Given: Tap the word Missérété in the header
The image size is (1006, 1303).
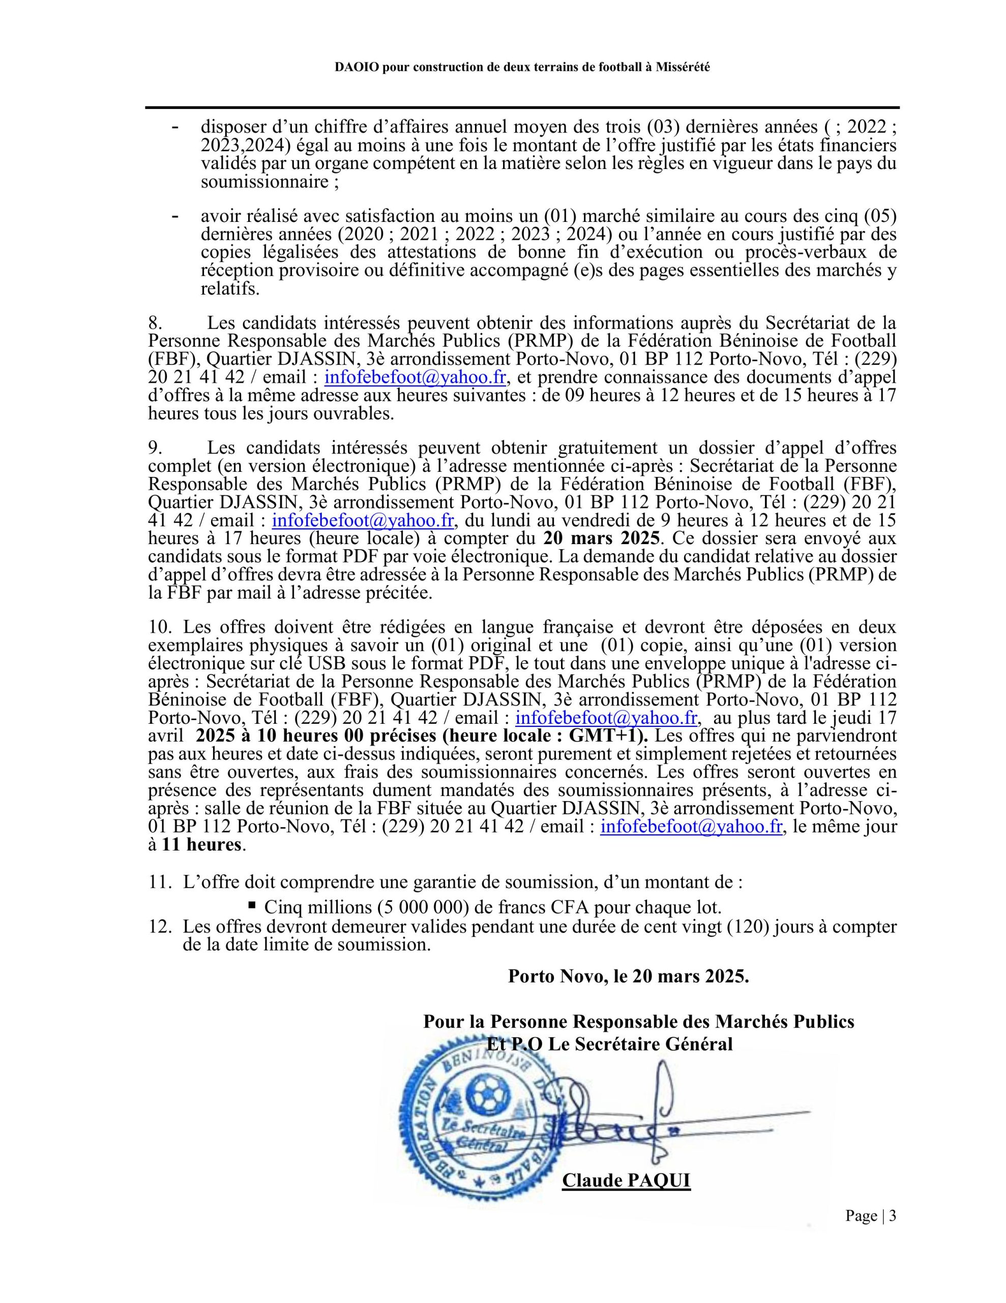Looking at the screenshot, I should click(683, 67).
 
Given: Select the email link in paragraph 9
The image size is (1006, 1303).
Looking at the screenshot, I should click(363, 520).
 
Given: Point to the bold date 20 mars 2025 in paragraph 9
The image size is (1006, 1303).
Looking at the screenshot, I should click(601, 538).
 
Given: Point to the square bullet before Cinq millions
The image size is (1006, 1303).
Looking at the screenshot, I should click(252, 905).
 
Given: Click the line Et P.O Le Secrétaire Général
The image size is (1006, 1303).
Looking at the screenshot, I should click(609, 1044).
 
